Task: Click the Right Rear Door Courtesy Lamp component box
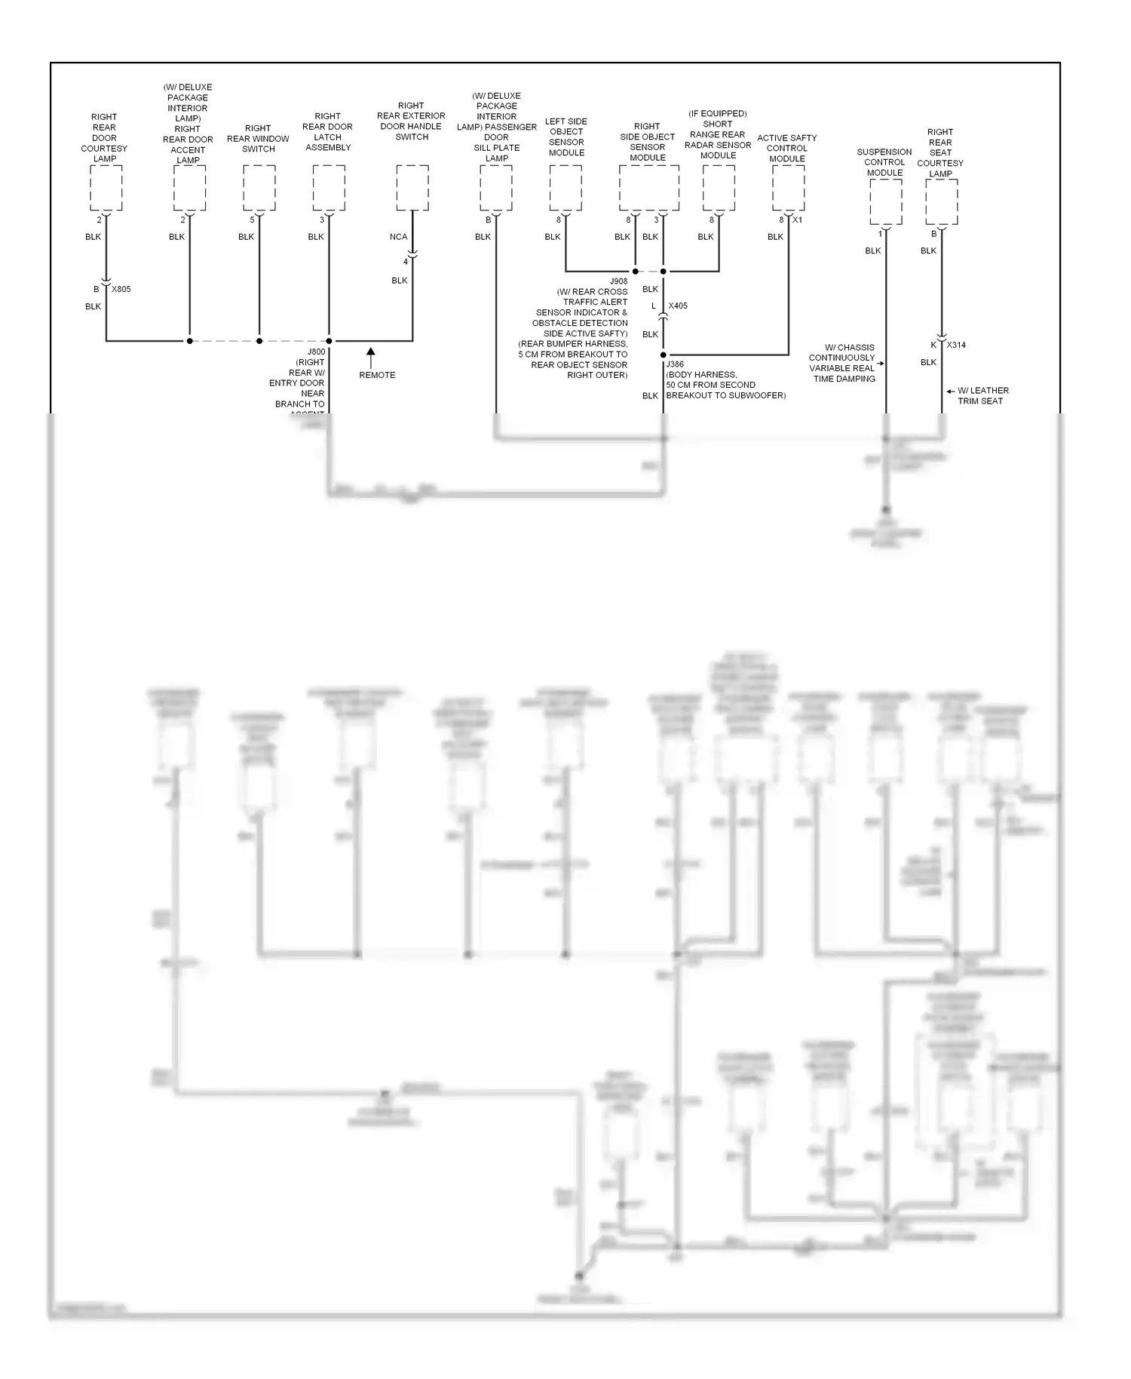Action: [106, 189]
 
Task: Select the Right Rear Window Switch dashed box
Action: [259, 189]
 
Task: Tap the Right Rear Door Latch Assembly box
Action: [329, 189]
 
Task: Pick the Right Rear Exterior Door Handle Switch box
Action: [412, 189]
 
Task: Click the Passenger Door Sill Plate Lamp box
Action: [496, 189]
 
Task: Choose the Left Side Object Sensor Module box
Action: [565, 189]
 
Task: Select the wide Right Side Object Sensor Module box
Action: [648, 189]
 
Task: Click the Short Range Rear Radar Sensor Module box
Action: [719, 189]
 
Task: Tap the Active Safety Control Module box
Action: [788, 189]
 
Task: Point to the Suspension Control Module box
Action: [885, 202]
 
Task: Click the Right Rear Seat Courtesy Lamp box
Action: [941, 202]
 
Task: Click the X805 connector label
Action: [121, 290]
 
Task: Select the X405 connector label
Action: [678, 306]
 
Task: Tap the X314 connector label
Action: [956, 346]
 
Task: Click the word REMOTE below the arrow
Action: [377, 376]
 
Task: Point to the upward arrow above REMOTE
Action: [370, 357]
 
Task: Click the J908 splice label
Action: [618, 281]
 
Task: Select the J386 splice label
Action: [675, 364]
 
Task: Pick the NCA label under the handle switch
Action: [398, 237]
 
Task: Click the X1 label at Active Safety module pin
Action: [798, 220]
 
